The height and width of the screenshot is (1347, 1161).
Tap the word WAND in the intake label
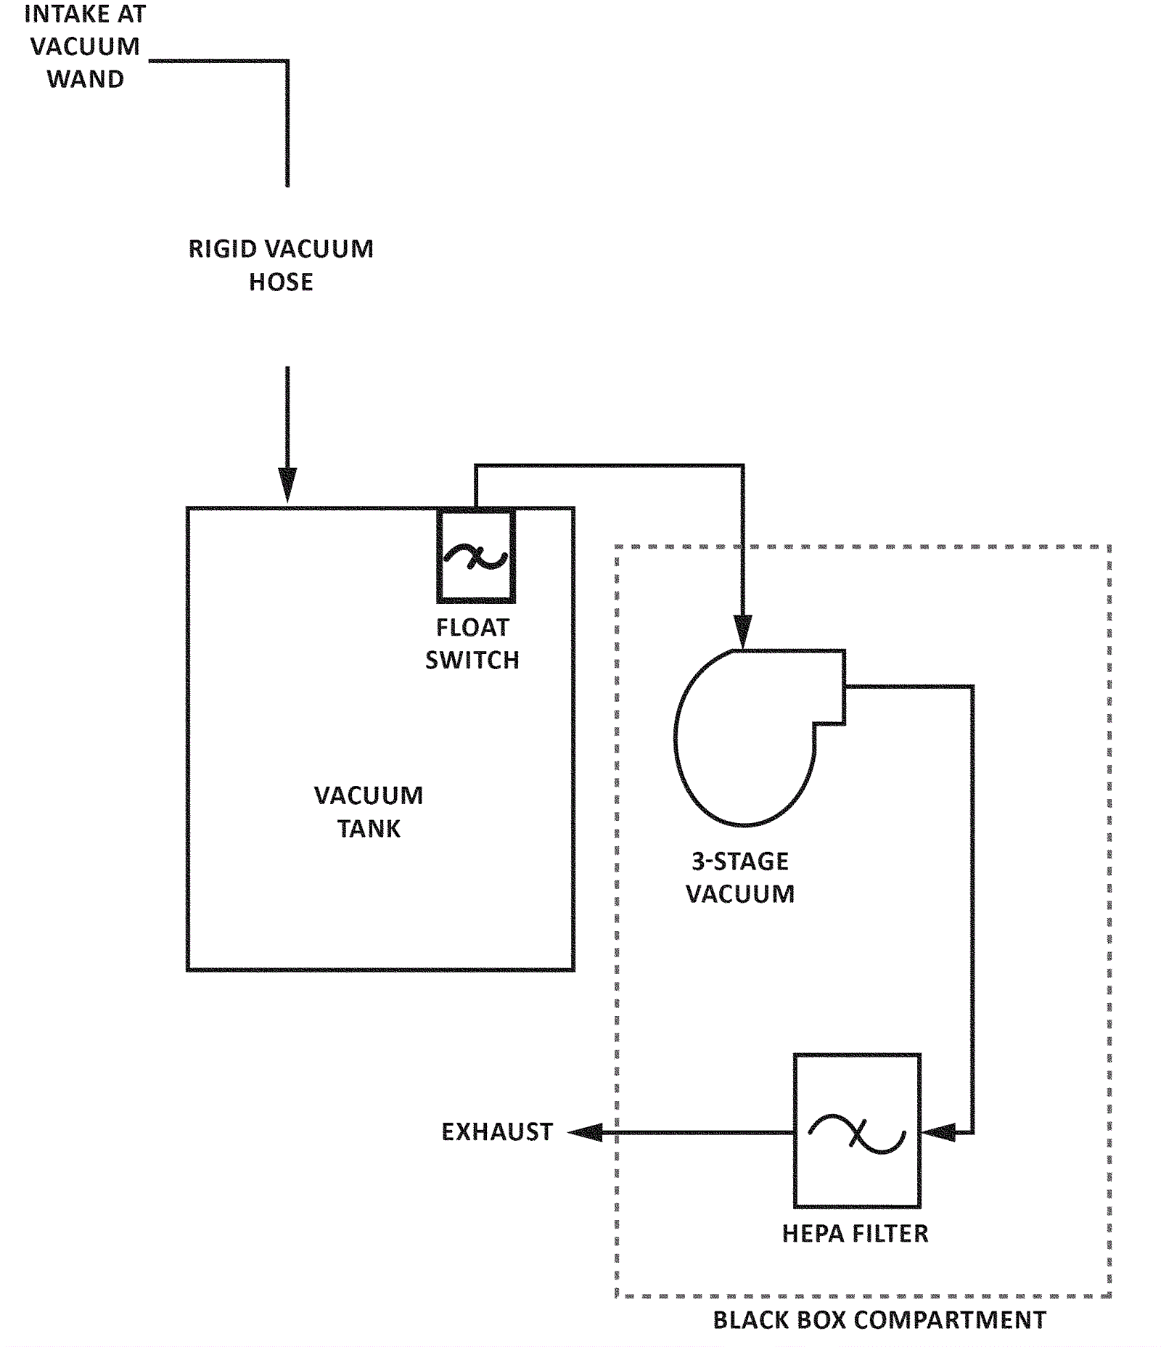[x=86, y=79]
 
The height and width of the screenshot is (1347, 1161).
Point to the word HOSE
[x=281, y=282]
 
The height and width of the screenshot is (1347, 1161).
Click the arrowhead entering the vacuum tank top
[x=287, y=485]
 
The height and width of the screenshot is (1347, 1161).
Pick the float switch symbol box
[x=476, y=557]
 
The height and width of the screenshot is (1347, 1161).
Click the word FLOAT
[x=472, y=627]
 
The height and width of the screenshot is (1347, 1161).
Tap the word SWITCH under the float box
[x=472, y=660]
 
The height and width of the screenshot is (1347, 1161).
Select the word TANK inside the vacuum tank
[x=369, y=828]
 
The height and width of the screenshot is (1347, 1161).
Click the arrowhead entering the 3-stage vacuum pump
[x=742, y=631]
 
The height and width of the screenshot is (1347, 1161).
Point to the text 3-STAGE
[x=739, y=861]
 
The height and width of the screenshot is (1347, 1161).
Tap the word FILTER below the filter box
[x=889, y=1234]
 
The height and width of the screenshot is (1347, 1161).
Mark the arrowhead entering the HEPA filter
[x=938, y=1132]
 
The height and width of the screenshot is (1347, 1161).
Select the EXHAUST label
[x=497, y=1132]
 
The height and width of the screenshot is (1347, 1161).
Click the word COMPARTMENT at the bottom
[x=950, y=1320]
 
